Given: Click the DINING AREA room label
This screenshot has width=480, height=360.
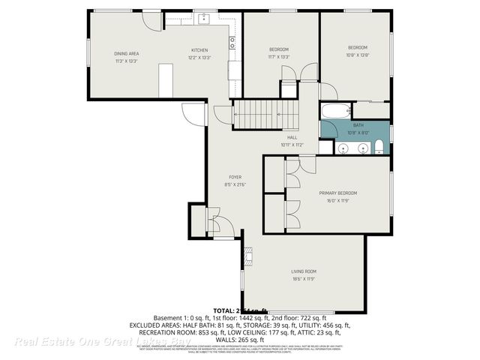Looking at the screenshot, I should tap(127, 54).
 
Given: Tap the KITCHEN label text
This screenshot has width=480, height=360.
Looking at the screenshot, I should tap(199, 50).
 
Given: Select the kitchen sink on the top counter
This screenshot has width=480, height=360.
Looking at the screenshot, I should tap(203, 17).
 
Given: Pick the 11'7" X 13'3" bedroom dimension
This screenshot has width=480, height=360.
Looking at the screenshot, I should tap(278, 57).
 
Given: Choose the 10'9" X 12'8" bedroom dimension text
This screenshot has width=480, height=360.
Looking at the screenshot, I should tap(358, 55).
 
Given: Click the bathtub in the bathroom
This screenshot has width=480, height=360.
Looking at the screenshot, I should tap(335, 112).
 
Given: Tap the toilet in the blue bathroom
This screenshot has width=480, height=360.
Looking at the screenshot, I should tap(379, 145).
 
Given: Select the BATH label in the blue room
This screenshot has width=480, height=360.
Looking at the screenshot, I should tap(358, 125).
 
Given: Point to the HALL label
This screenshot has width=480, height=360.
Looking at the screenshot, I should tap(291, 138).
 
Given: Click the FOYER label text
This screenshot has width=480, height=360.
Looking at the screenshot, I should tap(235, 178).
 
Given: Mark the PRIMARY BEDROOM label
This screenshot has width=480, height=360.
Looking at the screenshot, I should tap(337, 193).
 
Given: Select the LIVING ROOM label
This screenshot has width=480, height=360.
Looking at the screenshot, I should tap(304, 271).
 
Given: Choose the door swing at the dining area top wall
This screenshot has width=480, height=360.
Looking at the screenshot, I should tap(151, 20).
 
